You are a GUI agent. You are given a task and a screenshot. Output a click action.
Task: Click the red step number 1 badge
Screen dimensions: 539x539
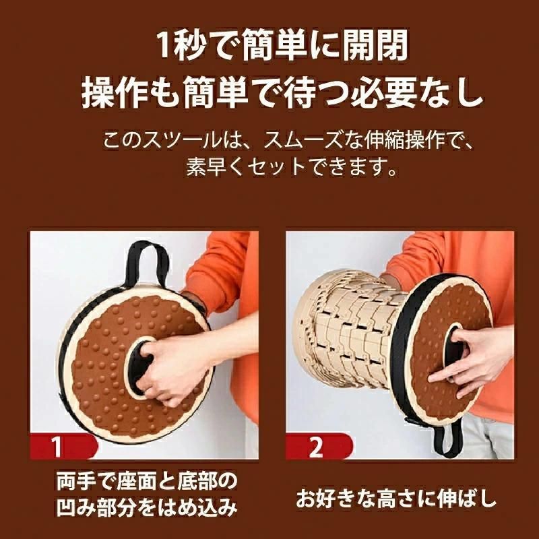tap(63, 446)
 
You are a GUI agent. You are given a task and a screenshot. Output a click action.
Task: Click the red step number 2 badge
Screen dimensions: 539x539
tap(318, 446)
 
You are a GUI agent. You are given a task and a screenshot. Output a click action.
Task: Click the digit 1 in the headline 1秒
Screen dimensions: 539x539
tap(164, 45)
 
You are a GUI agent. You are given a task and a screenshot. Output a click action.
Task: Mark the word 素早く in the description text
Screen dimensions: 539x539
tap(216, 167)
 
